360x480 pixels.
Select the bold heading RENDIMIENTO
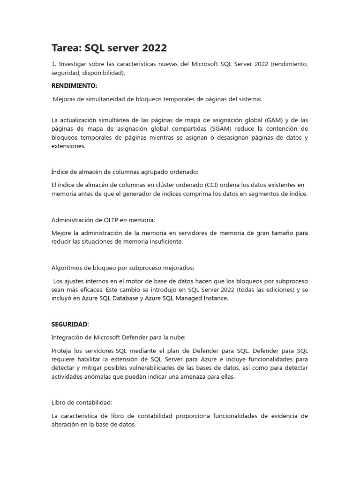[x=74, y=86]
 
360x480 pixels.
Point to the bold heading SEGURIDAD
[x=69, y=324]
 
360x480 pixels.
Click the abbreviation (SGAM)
[x=225, y=128]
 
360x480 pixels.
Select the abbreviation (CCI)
[x=213, y=185]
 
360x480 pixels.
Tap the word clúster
[x=168, y=185]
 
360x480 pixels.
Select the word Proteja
[x=62, y=351]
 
